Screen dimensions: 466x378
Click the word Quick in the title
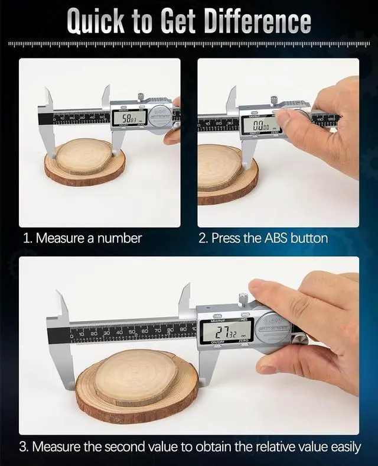[x=95, y=21]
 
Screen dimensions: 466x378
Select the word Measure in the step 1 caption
[x=61, y=238]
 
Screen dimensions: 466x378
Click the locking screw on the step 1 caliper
[x=141, y=96]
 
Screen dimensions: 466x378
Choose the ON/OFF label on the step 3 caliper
[x=212, y=342]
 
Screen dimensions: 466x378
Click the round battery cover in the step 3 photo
[x=273, y=325]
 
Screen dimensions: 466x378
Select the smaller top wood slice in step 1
[x=83, y=156]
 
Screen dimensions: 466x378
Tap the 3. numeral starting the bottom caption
[x=24, y=446]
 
